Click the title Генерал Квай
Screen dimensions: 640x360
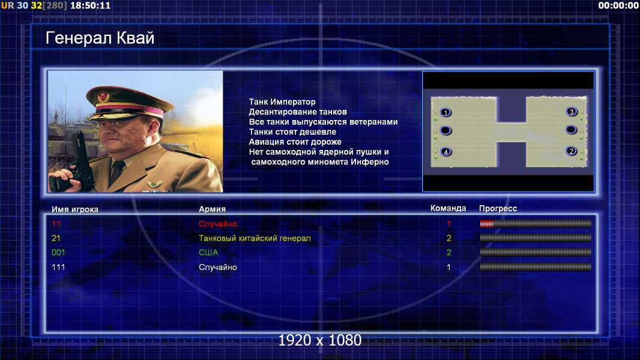tap(100, 38)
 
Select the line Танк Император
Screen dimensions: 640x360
tap(282, 102)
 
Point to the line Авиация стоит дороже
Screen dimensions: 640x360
tap(295, 142)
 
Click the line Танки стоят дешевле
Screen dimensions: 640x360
tap(292, 131)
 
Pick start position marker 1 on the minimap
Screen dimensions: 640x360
tap(445, 113)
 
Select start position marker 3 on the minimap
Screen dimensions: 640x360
tap(572, 112)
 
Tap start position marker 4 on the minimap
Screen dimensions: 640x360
tap(445, 152)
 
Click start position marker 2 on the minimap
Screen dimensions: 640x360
tap(572, 151)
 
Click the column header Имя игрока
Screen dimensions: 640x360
tap(74, 209)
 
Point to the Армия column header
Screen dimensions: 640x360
tap(213, 209)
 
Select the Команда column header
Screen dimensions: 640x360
tap(448, 208)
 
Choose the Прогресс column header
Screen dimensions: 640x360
tap(498, 209)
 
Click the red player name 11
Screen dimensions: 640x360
tap(56, 224)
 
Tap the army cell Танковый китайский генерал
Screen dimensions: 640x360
tap(255, 238)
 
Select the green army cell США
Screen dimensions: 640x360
tap(208, 253)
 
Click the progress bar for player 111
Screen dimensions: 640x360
tap(535, 267)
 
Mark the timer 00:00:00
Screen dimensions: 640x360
tap(618, 6)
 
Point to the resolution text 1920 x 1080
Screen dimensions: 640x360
tap(319, 340)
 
